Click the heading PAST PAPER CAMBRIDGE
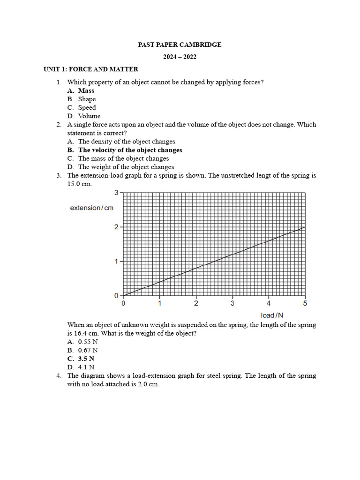180,45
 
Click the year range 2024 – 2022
180,57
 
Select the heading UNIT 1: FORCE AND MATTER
91,69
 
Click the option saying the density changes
127,142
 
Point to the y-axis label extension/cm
92,208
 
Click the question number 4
59,376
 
